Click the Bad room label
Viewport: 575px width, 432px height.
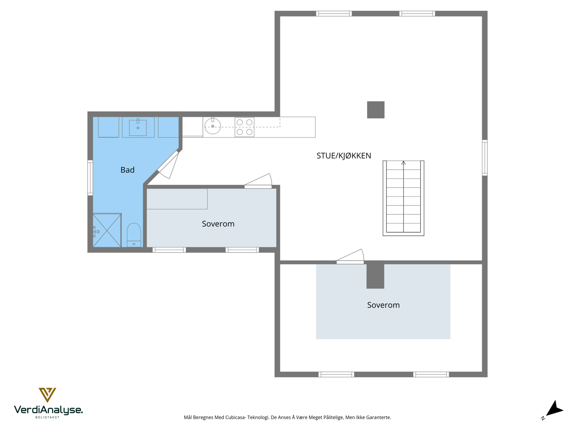(x=127, y=170)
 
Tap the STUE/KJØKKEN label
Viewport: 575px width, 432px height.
(x=344, y=156)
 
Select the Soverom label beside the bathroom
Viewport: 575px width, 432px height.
(x=218, y=224)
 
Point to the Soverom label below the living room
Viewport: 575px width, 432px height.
(x=383, y=305)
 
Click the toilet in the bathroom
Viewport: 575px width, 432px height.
(x=134, y=234)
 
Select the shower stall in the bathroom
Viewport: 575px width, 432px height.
(x=107, y=230)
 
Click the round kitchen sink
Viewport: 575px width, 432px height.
(x=213, y=126)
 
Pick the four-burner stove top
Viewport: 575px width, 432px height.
(x=244, y=127)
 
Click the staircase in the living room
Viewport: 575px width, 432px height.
(x=403, y=198)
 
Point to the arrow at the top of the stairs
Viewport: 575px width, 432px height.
(x=403, y=163)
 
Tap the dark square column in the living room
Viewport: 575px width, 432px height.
(x=376, y=110)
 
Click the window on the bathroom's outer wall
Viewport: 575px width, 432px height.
(x=90, y=178)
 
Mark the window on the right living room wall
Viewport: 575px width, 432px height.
(x=484, y=158)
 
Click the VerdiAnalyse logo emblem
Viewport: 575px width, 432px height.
(x=47, y=395)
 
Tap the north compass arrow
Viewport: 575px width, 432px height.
(x=554, y=409)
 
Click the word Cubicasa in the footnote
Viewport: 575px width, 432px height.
(x=235, y=418)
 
